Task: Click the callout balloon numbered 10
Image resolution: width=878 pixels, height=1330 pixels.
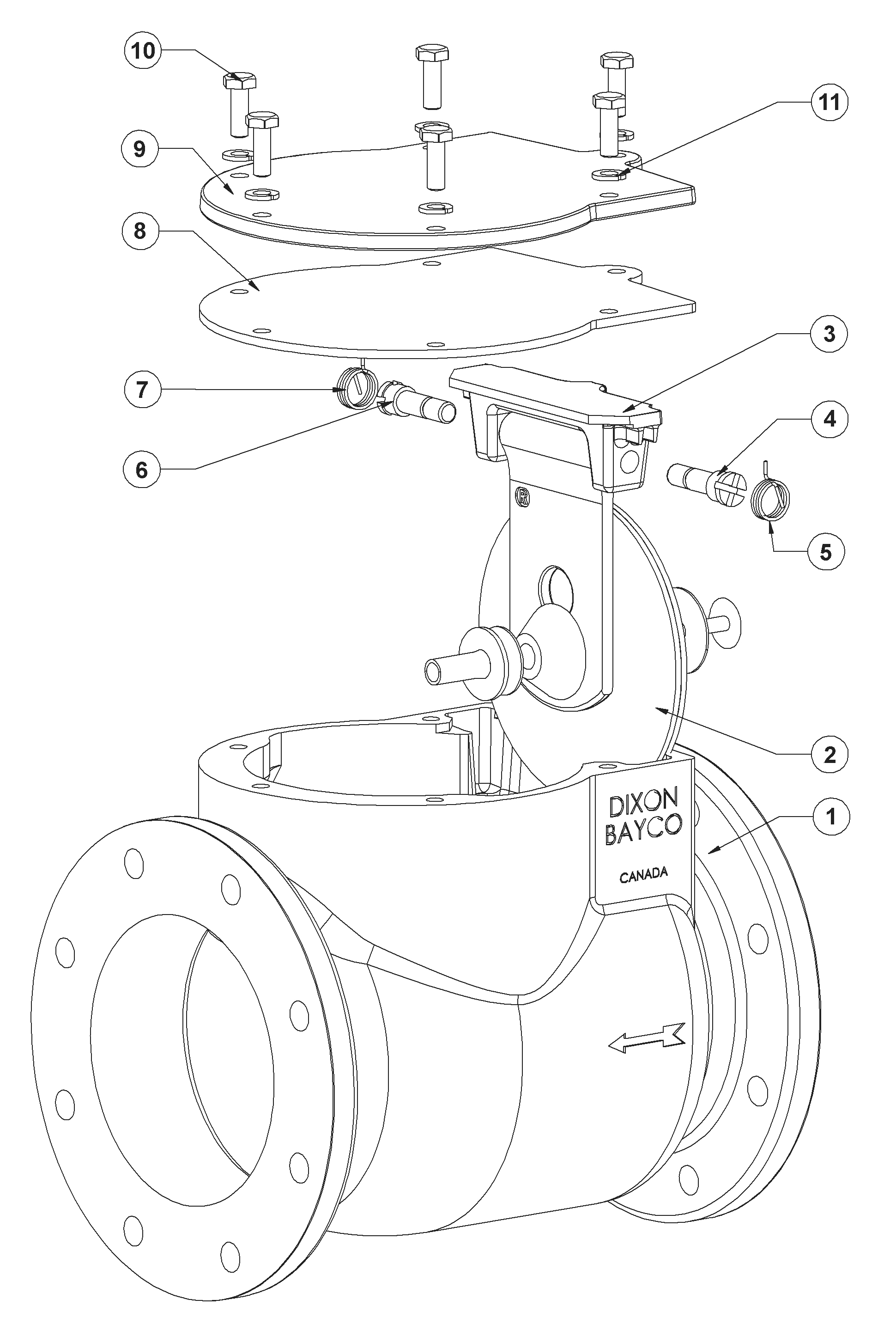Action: [x=143, y=50]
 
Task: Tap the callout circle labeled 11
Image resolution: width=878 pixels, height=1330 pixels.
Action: [x=830, y=103]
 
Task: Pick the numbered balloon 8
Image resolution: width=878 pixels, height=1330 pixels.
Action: [x=140, y=231]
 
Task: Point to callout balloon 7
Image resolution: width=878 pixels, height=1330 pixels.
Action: [x=142, y=390]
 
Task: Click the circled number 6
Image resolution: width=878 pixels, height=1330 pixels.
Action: [x=142, y=470]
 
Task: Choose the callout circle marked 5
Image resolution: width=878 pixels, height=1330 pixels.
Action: [x=826, y=552]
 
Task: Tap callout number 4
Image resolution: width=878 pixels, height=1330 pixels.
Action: [x=830, y=419]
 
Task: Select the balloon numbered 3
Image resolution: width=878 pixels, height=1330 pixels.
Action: [x=830, y=334]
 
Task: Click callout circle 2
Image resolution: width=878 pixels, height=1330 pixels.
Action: [x=830, y=755]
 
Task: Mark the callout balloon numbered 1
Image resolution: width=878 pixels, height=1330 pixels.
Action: [x=830, y=816]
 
